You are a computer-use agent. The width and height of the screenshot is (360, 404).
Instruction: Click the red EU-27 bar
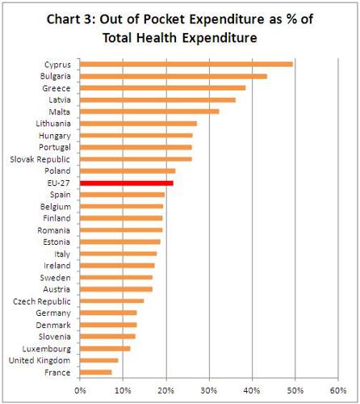point(127,183)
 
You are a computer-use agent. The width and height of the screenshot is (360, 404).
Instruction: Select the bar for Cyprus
point(186,64)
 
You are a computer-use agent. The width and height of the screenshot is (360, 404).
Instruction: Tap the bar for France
point(96,372)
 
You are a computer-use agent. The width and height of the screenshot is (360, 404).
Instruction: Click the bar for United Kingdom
point(99,360)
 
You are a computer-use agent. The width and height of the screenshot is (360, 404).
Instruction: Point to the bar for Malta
point(149,112)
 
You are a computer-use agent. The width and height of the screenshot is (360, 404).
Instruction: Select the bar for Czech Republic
point(112,301)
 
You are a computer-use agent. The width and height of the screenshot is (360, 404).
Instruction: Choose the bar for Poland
point(128,171)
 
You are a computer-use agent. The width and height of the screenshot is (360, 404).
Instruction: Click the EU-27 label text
point(58,183)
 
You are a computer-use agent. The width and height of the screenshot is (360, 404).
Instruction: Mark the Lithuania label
point(53,124)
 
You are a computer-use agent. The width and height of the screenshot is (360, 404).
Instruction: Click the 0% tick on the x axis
point(80,392)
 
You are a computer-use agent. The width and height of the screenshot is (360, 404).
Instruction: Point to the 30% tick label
point(209,392)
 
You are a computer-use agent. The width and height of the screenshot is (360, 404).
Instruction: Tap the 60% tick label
point(338,392)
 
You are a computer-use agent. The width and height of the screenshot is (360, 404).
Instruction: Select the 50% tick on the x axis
point(295,392)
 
